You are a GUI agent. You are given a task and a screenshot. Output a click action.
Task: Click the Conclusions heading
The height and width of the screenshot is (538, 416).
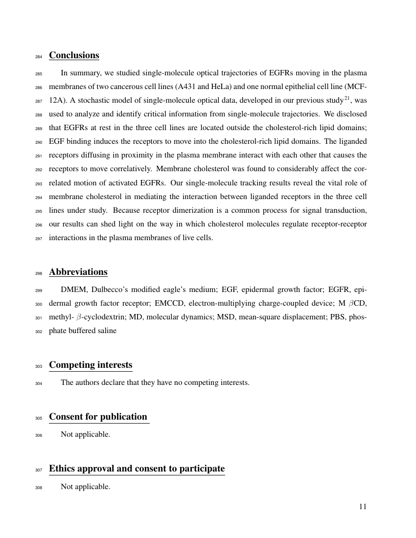point(74,55)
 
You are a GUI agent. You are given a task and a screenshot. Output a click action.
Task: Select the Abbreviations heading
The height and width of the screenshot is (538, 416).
point(78,272)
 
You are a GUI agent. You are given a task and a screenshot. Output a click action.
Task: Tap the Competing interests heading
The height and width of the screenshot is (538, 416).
point(91,365)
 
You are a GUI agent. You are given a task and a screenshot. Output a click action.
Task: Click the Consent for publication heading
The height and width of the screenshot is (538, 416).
point(98,417)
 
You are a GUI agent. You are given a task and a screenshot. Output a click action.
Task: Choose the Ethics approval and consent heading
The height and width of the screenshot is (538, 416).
point(137,469)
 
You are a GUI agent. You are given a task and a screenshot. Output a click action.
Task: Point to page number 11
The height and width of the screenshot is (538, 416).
point(363,507)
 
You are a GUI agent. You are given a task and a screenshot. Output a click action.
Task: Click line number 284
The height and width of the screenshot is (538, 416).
point(39,57)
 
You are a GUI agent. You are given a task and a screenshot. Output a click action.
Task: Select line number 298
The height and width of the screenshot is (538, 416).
point(39,273)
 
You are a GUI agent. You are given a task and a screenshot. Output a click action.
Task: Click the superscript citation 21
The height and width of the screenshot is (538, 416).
point(345,98)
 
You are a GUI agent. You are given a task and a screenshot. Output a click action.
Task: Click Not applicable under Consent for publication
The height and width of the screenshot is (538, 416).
point(85,434)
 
